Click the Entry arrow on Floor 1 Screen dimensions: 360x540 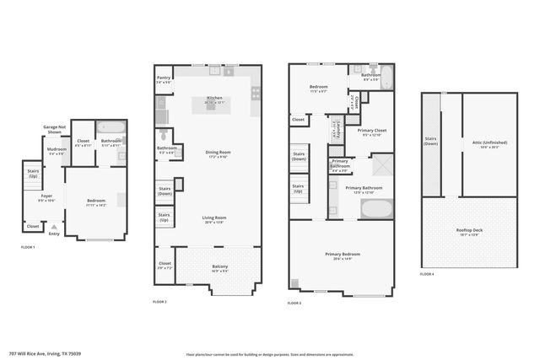point(54,226)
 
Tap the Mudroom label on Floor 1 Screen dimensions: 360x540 point(57,151)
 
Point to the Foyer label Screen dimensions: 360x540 point(46,199)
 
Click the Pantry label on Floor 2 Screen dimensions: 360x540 point(163,79)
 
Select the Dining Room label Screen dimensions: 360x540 point(218,153)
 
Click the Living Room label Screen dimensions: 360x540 point(214,219)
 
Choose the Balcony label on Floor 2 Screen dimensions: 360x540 point(219,268)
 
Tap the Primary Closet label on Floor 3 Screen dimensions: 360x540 point(371,132)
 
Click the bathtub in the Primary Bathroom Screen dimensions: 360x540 point(376,207)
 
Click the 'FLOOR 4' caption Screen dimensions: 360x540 point(427,274)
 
